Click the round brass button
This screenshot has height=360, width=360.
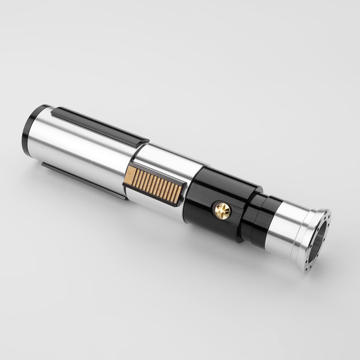pyautogui.click(x=222, y=211)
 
